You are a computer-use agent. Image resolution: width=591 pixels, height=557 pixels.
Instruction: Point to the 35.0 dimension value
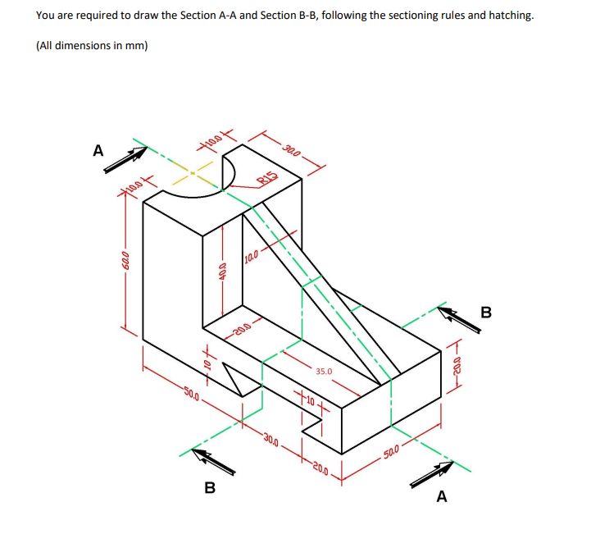325,372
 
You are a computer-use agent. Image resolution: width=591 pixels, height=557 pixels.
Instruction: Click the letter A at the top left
98,151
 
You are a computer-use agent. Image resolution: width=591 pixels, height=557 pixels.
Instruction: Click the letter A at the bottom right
443,496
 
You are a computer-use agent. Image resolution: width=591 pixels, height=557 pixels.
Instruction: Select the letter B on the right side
486,313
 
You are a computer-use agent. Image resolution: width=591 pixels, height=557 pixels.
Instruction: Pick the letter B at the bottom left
209,489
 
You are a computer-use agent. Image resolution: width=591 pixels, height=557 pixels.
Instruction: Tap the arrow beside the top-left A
125,159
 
